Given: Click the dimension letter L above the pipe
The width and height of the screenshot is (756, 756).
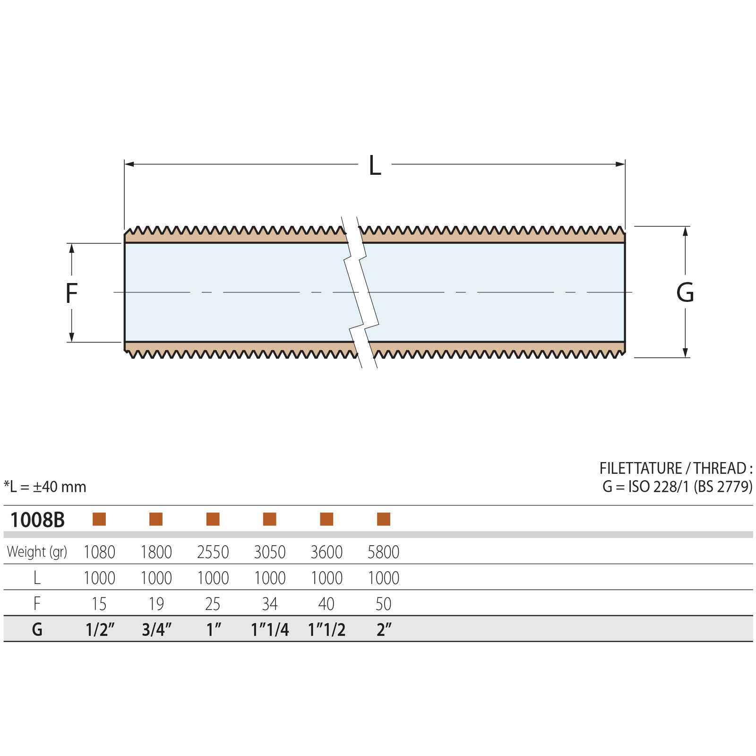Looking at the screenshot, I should (375, 166).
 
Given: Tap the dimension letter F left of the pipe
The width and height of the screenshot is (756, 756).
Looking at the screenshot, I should (71, 293).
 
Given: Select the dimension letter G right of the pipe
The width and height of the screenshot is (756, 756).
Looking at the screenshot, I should (685, 292).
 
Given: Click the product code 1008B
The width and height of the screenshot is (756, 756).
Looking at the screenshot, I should (37, 520).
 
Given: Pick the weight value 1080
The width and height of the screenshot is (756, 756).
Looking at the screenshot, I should (99, 552).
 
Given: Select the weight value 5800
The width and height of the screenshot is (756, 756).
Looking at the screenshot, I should (383, 552).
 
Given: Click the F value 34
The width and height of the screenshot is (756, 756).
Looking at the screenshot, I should (270, 604).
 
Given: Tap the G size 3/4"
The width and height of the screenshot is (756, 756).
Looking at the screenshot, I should (156, 630).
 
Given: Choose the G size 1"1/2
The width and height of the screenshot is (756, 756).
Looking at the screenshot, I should (326, 630).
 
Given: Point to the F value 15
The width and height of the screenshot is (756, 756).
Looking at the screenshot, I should (99, 604).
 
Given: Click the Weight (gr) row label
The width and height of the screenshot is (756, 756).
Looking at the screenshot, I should (37, 552).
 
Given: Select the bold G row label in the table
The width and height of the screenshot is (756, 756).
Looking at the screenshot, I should (37, 630).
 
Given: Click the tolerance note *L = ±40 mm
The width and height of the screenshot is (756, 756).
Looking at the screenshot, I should (45, 487).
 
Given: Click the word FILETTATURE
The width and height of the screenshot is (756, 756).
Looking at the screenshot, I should (640, 468).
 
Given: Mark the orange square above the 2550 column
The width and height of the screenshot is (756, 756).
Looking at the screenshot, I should (213, 519).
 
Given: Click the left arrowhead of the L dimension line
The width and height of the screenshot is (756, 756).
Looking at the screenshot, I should (129, 164).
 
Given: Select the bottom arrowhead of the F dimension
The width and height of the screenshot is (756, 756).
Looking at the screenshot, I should (71, 337).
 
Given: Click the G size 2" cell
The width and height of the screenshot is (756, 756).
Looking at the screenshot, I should (384, 630).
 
